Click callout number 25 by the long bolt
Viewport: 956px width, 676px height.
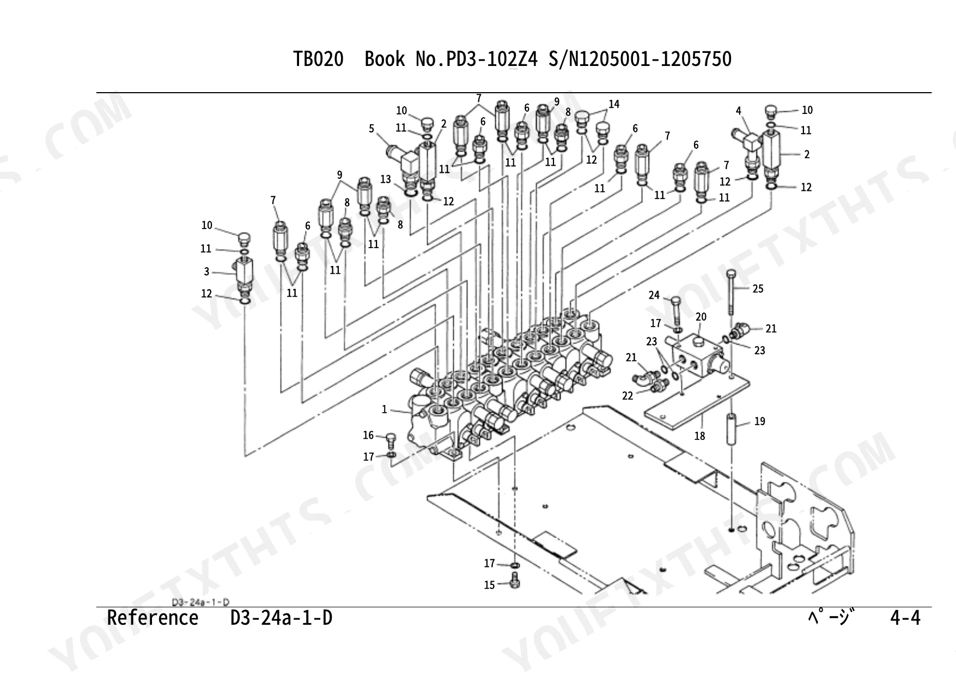tap(758, 288)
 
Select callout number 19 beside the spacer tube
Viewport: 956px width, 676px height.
tap(759, 421)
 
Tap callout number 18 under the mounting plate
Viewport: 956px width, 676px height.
tap(699, 436)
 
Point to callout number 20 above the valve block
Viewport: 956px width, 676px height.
tap(701, 317)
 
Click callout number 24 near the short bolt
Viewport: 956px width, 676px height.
tap(654, 295)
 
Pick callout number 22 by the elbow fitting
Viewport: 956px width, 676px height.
tap(628, 395)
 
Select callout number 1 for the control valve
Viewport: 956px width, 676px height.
tap(384, 409)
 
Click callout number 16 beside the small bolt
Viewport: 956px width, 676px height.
tap(368, 435)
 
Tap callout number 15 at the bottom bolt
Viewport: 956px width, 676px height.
tap(489, 585)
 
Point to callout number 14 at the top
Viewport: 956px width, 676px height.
tap(614, 104)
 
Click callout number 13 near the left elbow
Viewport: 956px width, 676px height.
tap(386, 179)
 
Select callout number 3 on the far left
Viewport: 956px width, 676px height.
tap(206, 271)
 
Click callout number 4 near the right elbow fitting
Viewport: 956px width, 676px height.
tap(739, 111)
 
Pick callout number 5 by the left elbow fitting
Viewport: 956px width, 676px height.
tap(372, 128)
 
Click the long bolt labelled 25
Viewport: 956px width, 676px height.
tap(731, 293)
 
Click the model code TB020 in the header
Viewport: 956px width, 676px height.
tap(319, 59)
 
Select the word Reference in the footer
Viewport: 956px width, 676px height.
tap(153, 618)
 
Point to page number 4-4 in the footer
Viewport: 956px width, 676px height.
tap(905, 618)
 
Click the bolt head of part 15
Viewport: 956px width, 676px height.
tap(514, 581)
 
